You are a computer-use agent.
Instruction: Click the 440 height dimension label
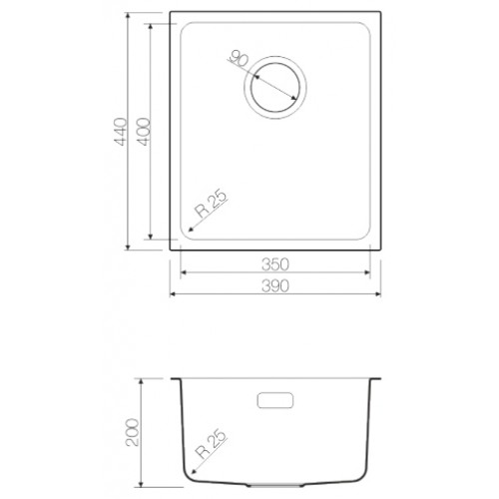pyautogui.click(x=120, y=132)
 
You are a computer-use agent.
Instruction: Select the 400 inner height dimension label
pyautogui.click(x=144, y=132)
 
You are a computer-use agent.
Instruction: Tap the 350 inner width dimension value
pyautogui.click(x=275, y=264)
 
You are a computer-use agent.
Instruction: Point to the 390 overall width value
pyautogui.click(x=275, y=286)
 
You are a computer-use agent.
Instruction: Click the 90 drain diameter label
pyautogui.click(x=239, y=59)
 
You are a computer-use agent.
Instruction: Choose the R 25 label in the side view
pyautogui.click(x=212, y=444)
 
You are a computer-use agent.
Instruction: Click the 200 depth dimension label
pyautogui.click(x=132, y=432)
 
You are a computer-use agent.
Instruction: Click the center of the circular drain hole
pyautogui.click(x=275, y=87)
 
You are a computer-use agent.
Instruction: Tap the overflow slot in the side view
pyautogui.click(x=275, y=400)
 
